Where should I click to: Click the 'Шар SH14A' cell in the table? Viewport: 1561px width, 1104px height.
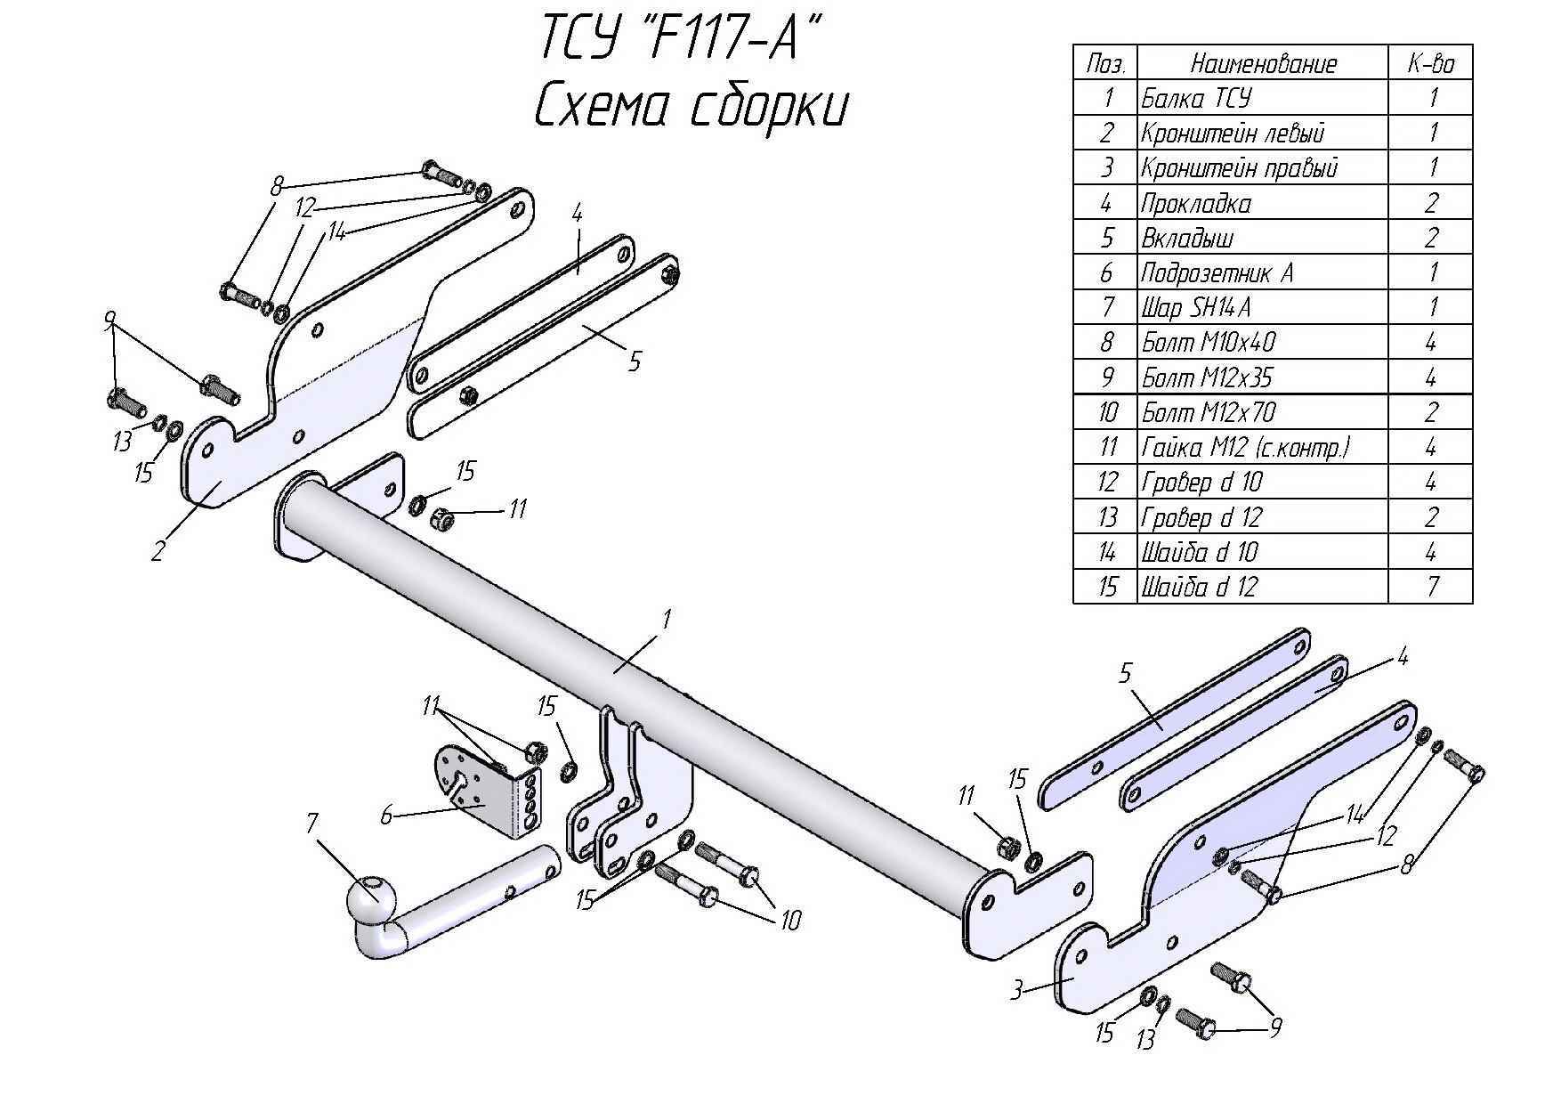tap(1196, 308)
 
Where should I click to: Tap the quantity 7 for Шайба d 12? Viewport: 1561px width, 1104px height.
tap(1431, 587)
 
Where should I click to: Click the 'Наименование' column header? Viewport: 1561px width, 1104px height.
tap(1263, 63)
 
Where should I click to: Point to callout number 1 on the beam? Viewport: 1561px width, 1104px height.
tap(666, 617)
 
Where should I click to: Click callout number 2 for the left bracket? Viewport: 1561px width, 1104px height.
tap(158, 551)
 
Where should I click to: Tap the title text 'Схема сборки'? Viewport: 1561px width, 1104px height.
tap(691, 108)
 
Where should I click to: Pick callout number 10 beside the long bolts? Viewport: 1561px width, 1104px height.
tap(789, 919)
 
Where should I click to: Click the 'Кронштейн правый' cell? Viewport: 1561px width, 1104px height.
tap(1239, 168)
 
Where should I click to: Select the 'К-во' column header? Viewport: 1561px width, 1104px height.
tap(1430, 63)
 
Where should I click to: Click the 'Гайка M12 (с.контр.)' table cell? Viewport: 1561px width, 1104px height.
tap(1246, 447)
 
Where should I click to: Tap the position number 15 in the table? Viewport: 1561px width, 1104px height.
tap(1106, 587)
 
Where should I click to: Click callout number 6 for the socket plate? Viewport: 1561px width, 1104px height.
tap(386, 815)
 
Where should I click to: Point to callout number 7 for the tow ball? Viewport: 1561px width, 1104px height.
tap(311, 824)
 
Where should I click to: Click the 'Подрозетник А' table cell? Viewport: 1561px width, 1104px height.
tap(1217, 273)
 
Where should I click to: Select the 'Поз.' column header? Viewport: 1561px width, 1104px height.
tap(1106, 63)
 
